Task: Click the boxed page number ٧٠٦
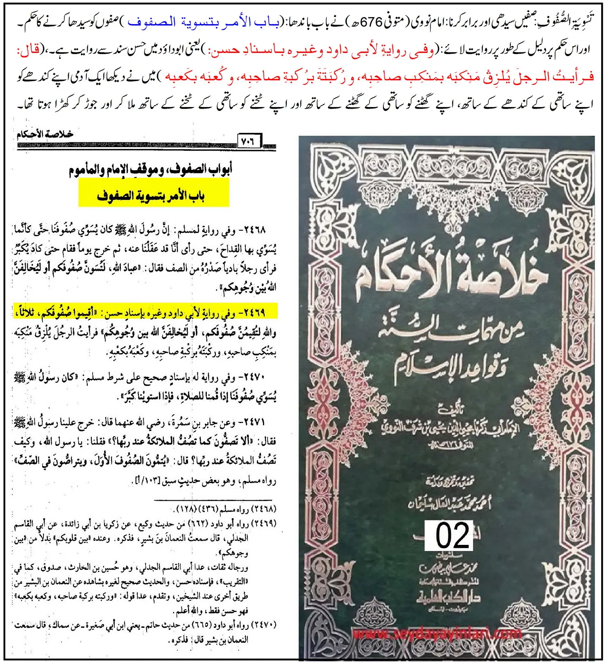249,141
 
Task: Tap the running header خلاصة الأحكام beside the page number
45,134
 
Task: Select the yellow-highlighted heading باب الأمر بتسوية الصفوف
153,195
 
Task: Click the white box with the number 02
448,535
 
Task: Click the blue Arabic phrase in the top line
204,22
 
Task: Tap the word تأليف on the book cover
450,408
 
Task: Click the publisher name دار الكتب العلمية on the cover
449,598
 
